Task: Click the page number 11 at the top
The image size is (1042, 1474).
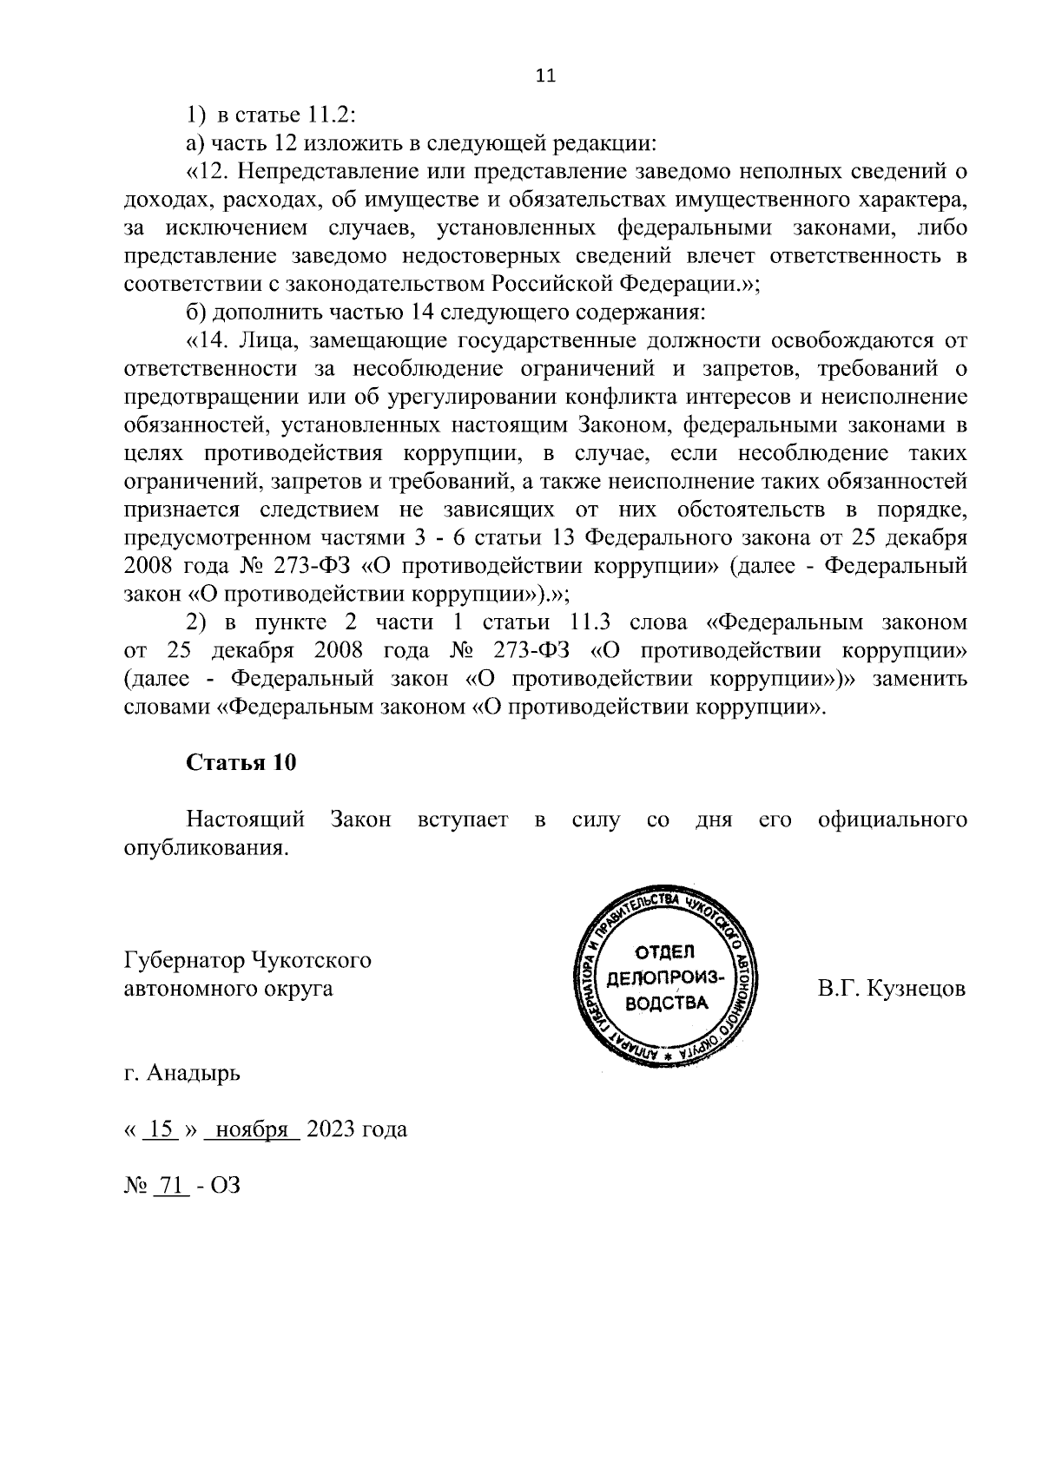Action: click(x=545, y=76)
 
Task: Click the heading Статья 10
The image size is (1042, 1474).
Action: click(x=241, y=762)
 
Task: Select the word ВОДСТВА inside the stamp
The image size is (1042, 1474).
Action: click(x=666, y=1004)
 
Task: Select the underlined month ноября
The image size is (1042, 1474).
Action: click(x=251, y=1129)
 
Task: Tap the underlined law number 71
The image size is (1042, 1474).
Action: click(x=170, y=1185)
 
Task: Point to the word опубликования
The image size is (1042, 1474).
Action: click(x=205, y=847)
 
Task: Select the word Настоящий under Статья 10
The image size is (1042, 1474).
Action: click(x=245, y=819)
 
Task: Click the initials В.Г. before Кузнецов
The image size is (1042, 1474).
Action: click(x=835, y=989)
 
